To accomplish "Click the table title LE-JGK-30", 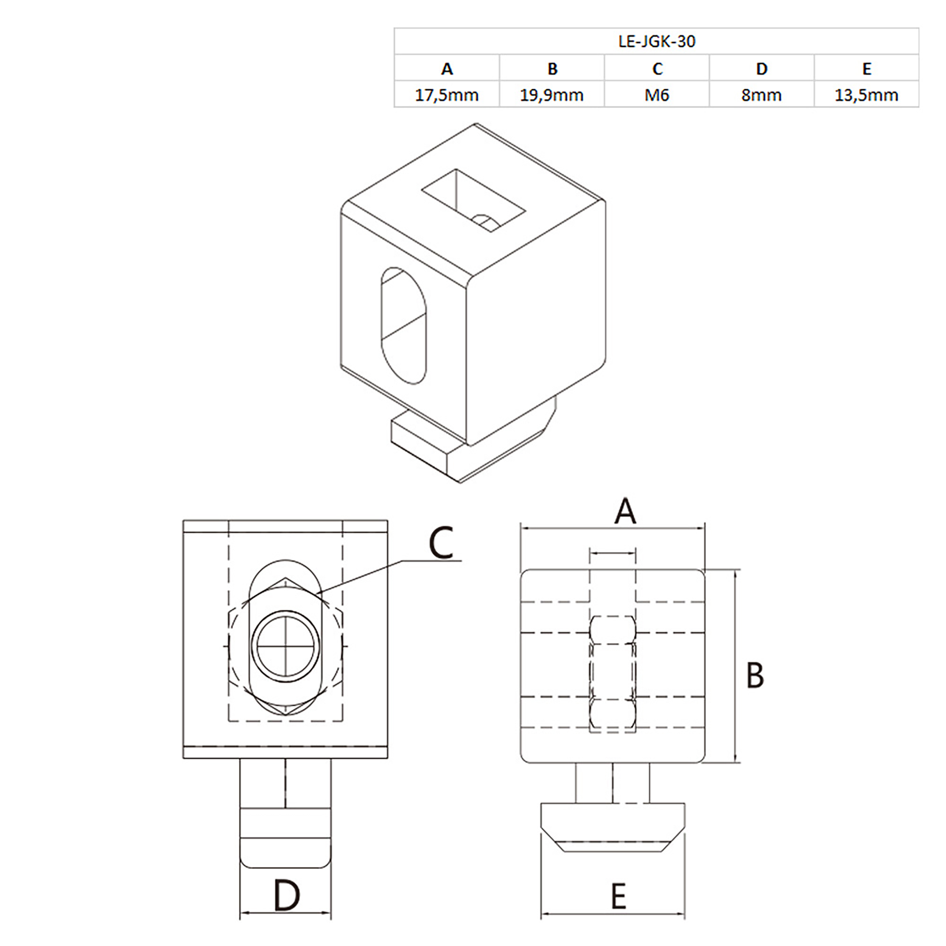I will [657, 42].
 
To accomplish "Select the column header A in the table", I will [447, 68].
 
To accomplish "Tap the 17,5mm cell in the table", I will [447, 95].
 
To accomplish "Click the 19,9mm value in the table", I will [552, 95].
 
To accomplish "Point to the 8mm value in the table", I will [761, 95].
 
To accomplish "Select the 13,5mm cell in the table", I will [866, 95].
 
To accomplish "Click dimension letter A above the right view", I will [625, 512].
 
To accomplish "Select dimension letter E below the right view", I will [618, 896].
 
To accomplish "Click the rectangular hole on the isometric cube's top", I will [473, 200].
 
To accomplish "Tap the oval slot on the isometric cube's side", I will [403, 326].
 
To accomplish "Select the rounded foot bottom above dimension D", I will [285, 853].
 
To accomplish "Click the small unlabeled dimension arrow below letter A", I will [613, 553].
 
